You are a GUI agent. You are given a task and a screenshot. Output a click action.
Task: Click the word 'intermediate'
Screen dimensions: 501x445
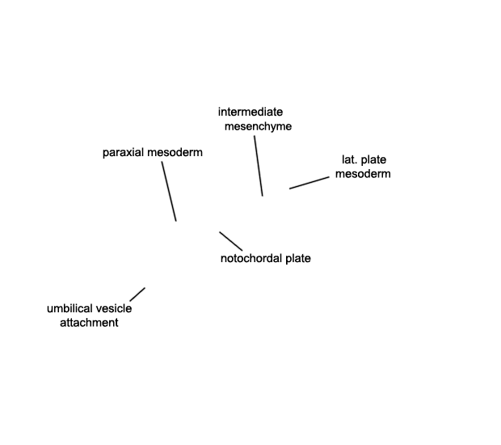coord(250,112)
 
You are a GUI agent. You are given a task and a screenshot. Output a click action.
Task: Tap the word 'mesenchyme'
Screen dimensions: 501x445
coord(258,127)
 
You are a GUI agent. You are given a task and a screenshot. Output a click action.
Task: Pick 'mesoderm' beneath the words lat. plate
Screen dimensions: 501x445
coord(363,174)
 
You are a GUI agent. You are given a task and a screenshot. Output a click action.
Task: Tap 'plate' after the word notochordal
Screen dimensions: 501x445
coord(298,258)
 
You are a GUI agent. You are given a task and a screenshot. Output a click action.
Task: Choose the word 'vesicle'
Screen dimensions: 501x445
coord(114,309)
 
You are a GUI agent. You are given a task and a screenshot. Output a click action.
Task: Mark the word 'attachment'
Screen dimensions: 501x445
coord(89,323)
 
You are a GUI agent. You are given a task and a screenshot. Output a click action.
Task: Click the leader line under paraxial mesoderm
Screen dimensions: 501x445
coord(169,191)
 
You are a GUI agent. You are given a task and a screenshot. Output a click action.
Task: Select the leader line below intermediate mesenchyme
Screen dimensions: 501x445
coord(259,166)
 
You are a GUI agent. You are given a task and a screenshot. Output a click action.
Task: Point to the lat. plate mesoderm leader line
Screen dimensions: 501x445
coord(309,183)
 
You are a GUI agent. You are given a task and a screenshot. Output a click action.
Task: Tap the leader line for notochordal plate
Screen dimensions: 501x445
coord(230,241)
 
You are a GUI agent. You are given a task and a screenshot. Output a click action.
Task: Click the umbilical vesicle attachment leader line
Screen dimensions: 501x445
coord(137,295)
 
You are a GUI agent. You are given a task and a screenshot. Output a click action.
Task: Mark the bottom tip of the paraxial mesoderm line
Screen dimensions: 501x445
coord(176,221)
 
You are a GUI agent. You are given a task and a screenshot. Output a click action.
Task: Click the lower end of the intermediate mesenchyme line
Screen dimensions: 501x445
coord(263,196)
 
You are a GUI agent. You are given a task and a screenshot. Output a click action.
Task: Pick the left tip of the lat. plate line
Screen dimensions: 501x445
coord(289,189)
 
